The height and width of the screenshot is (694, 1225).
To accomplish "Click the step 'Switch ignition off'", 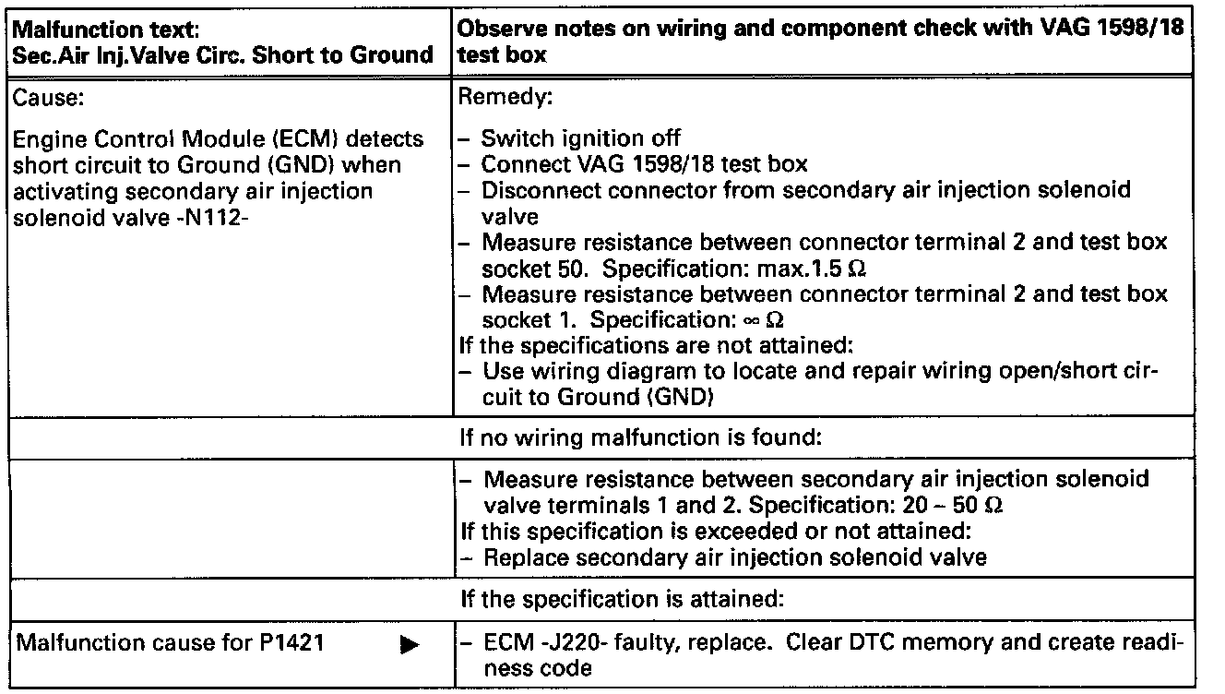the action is (581, 139).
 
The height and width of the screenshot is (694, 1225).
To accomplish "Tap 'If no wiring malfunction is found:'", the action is (640, 438).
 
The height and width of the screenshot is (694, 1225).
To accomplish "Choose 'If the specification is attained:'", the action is (622, 599).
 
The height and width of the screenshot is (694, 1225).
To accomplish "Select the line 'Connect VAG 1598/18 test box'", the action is (645, 164).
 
